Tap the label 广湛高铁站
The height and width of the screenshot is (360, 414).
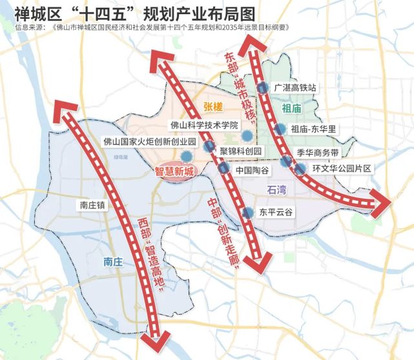[298, 87]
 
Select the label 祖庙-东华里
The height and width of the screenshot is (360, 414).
[314, 129]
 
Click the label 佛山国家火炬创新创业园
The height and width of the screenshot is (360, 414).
[149, 141]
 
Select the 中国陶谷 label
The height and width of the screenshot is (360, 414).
[251, 170]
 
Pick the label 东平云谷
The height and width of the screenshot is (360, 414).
[276, 211]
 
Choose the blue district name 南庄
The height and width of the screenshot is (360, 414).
[116, 261]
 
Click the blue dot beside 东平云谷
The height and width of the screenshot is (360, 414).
[247, 212]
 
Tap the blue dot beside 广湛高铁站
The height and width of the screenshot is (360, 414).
[262, 88]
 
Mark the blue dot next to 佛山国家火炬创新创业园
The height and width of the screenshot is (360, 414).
[186, 155]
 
